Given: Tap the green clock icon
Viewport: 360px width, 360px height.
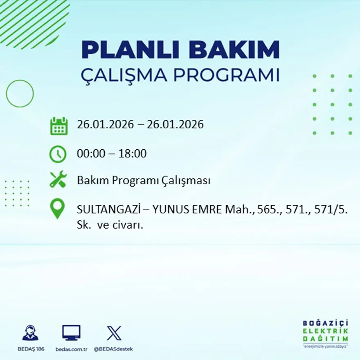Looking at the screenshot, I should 58,154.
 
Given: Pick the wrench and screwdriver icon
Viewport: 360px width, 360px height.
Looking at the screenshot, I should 58,180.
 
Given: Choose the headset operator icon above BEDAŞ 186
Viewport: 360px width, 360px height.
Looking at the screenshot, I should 30,333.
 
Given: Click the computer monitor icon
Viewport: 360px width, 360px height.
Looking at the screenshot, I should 71,333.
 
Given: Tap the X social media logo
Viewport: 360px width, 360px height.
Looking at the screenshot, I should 114,333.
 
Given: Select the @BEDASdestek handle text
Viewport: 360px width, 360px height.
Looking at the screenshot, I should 113,349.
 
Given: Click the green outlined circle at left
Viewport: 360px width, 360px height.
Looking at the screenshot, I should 20,94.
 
